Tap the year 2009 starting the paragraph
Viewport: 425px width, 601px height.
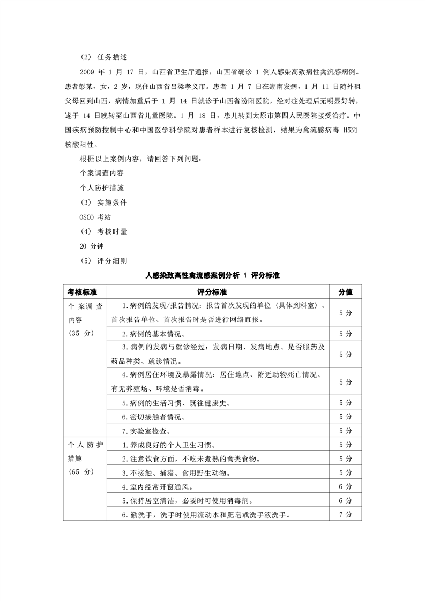point(87,72)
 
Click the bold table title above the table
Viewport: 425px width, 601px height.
point(213,275)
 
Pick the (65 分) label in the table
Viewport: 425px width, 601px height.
point(81,472)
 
